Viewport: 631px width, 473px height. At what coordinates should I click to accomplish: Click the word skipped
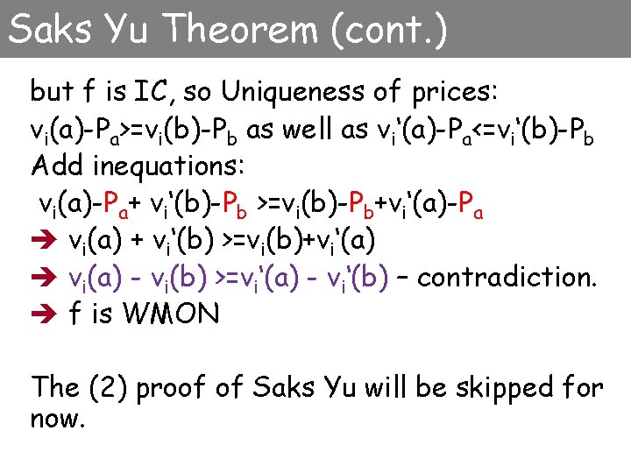(x=495, y=386)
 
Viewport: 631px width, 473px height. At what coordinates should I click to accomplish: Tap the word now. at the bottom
(x=58, y=419)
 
